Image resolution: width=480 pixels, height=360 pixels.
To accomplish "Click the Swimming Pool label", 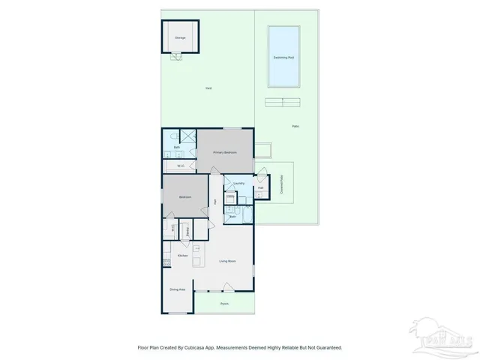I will tap(283, 58).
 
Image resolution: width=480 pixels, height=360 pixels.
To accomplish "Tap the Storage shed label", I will tap(180, 37).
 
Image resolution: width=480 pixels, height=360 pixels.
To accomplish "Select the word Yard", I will tap(208, 88).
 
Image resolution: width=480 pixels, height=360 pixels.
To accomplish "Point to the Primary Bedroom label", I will tap(224, 152).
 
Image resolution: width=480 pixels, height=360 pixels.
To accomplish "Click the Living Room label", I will tap(227, 261).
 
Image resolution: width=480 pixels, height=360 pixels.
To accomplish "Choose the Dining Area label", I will tap(177, 289).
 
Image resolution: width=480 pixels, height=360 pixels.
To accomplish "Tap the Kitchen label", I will tap(181, 256).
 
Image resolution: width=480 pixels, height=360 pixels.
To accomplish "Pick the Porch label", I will tap(224, 304).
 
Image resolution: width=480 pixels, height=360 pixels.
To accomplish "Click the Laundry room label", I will tap(239, 183).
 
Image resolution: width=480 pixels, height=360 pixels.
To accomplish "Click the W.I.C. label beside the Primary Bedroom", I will tap(181, 166).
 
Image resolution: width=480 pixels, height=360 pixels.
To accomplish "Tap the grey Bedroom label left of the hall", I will tap(184, 197).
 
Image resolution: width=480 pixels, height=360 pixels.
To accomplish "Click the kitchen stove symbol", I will tap(166, 261).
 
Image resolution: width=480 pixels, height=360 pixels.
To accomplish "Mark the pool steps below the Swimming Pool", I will tap(283, 101).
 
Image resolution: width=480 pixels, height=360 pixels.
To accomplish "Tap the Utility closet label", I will tap(230, 197).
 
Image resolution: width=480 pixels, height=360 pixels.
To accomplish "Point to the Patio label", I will tap(295, 126).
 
